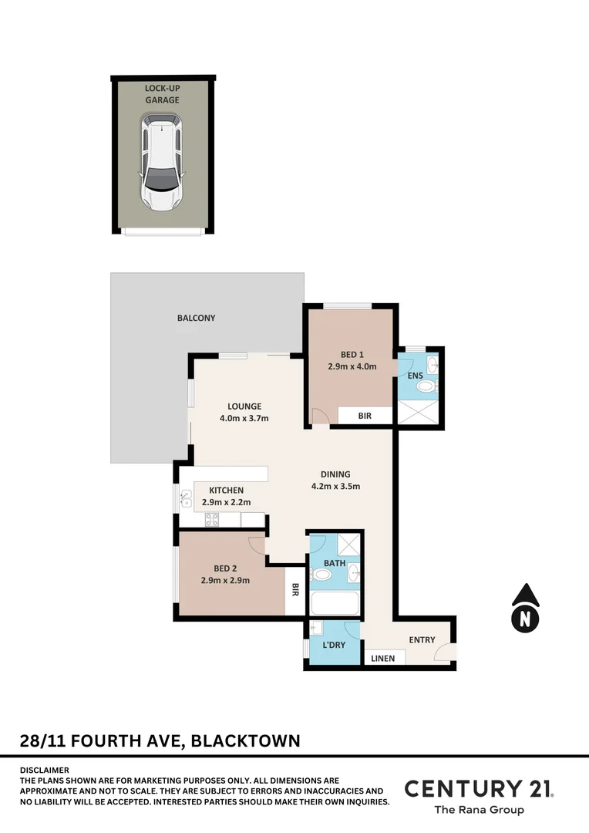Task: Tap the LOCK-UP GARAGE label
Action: tap(162, 94)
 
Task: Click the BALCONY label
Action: tap(196, 318)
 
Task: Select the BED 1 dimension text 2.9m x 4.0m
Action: tap(352, 366)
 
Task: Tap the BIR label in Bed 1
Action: tap(365, 415)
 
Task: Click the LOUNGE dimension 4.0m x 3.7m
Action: tap(244, 419)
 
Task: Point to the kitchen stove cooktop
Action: tap(212, 519)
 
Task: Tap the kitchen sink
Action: tap(185, 500)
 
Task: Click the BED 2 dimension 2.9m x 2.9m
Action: tap(225, 581)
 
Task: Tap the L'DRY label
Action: tap(334, 644)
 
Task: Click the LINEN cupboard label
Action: tap(383, 659)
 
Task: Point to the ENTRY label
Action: tap(422, 639)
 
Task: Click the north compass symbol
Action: tap(525, 607)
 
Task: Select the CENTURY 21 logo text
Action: tap(478, 788)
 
